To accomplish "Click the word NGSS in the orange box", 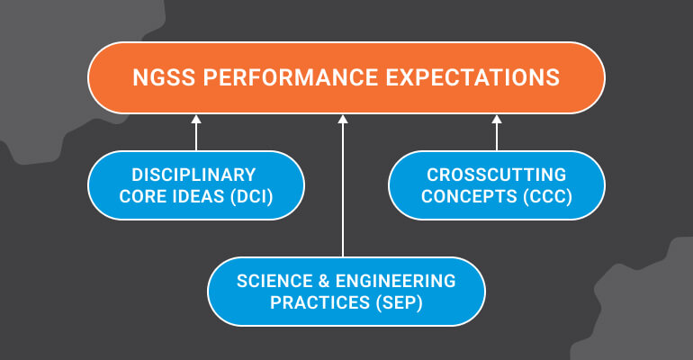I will pos(162,77).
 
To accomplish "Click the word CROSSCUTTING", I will pos(496,175).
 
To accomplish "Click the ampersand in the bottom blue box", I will pos(320,281).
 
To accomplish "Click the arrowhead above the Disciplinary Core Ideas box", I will pos(195,119).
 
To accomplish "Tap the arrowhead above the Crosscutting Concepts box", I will pos(496,119).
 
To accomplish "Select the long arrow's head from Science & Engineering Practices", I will pos(343,119).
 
